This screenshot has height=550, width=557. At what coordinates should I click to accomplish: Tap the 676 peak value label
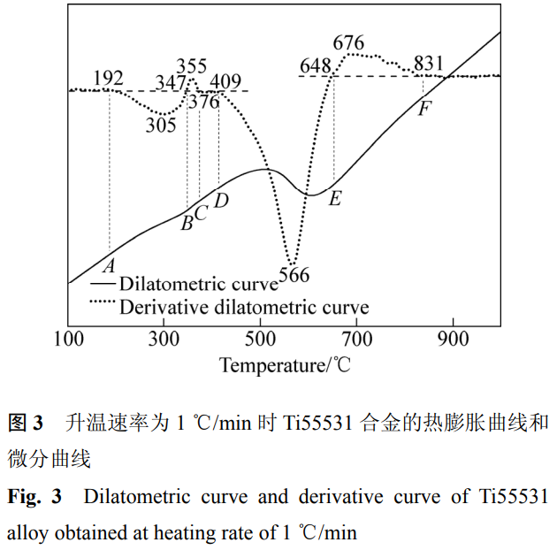click(x=348, y=42)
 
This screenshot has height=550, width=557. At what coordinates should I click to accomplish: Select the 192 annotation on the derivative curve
click(x=108, y=79)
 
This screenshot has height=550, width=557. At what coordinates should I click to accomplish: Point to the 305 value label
click(x=161, y=124)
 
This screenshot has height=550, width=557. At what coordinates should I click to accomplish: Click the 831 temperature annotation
click(x=428, y=64)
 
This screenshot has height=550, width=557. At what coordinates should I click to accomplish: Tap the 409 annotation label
click(x=225, y=83)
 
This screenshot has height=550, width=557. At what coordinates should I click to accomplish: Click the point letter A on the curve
click(x=110, y=264)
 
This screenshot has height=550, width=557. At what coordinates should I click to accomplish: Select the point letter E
click(x=334, y=199)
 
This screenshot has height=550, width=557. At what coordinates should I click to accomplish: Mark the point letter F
click(x=425, y=110)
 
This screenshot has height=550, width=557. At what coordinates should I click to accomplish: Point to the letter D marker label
click(x=221, y=201)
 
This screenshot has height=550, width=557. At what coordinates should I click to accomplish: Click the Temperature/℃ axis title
click(x=285, y=364)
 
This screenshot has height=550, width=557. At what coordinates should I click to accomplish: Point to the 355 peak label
click(x=191, y=67)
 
